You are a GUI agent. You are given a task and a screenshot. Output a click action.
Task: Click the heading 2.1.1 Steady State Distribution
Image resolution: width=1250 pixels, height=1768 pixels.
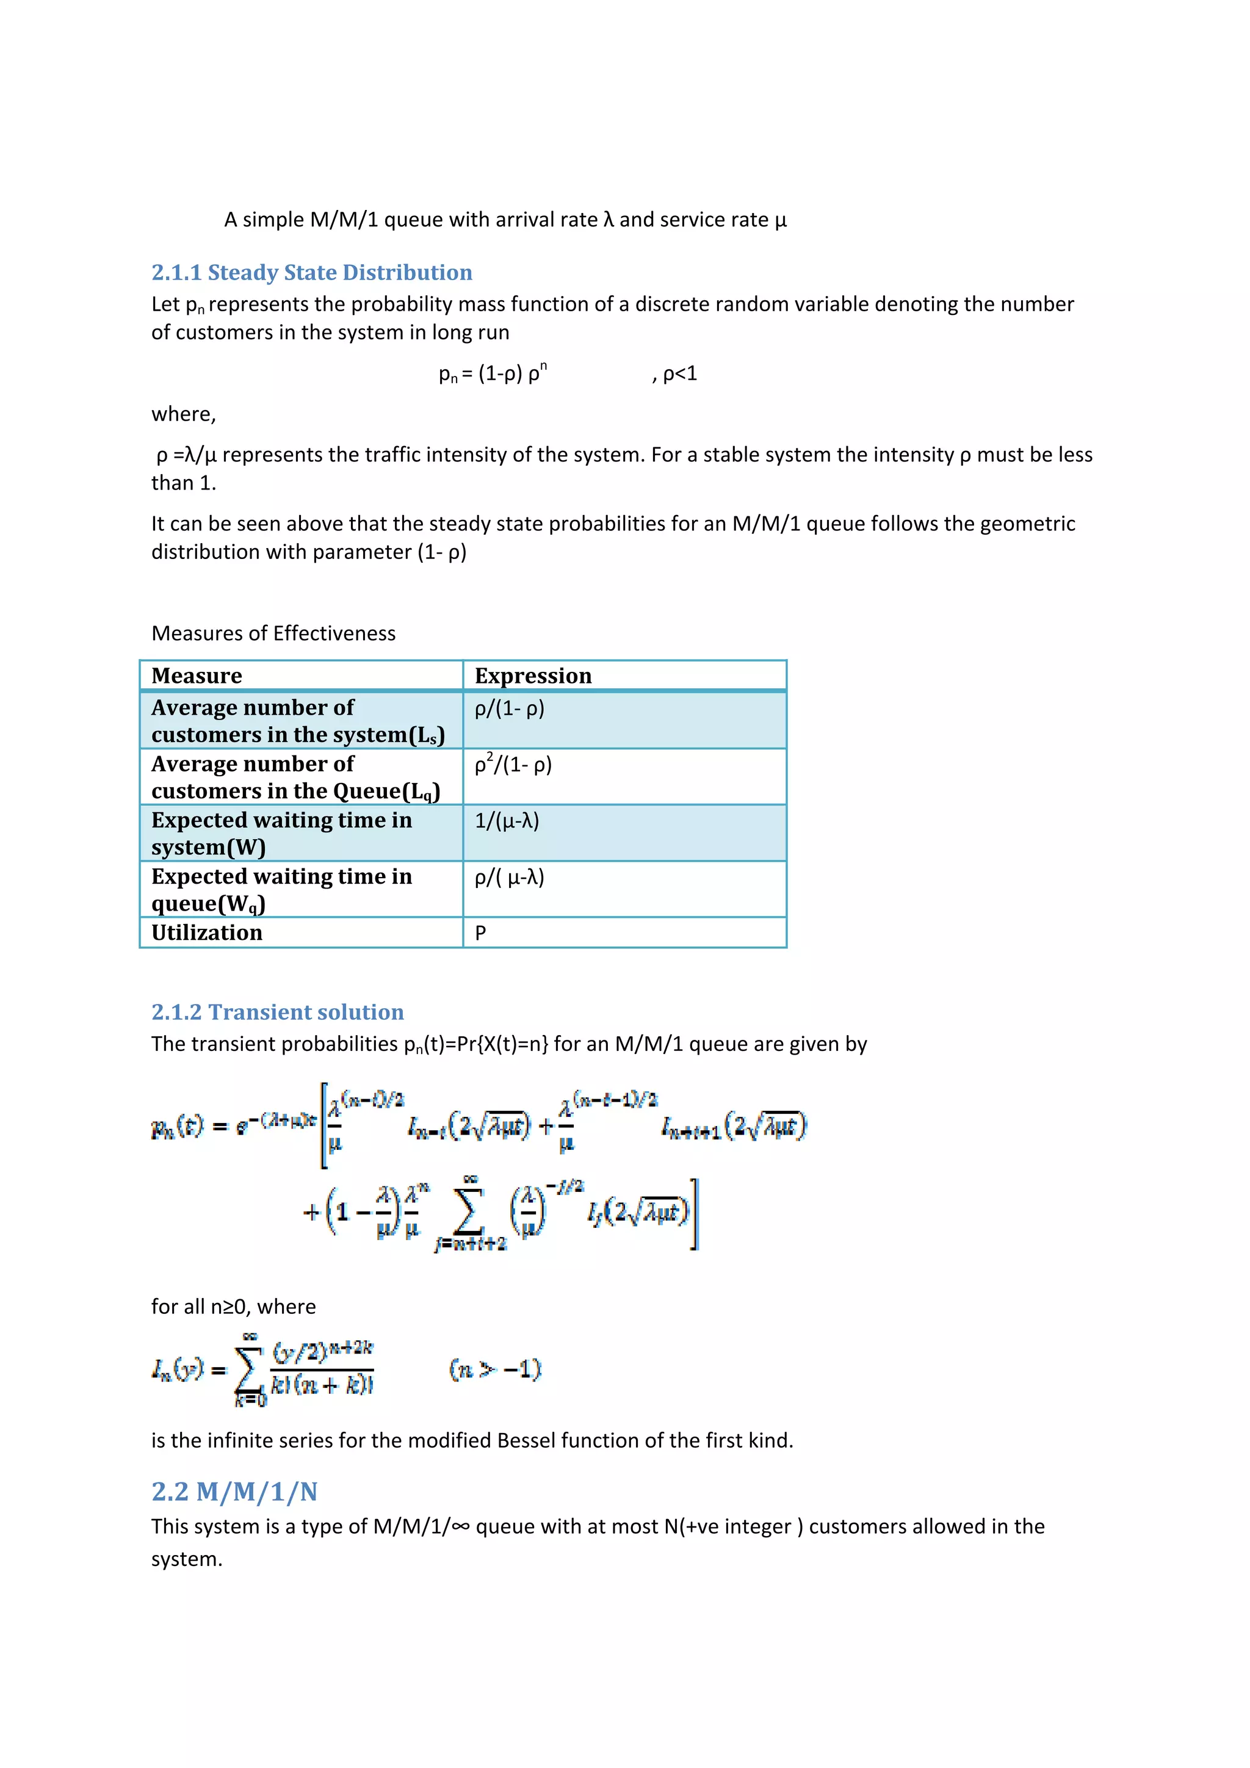[x=311, y=273]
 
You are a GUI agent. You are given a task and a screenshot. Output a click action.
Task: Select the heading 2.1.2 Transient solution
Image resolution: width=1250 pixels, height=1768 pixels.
[x=277, y=1012]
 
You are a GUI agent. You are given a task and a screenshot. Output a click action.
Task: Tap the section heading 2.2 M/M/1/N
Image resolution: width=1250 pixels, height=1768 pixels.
[x=234, y=1492]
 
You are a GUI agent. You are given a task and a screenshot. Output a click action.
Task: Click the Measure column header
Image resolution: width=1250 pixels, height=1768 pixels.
[x=197, y=676]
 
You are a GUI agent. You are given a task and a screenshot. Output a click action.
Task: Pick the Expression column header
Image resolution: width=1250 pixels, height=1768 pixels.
[x=533, y=676]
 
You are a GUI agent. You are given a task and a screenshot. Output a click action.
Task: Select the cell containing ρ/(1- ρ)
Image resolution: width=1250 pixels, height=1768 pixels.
[x=509, y=709]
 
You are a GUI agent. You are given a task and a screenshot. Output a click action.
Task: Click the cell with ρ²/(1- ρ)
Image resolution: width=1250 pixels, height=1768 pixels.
[x=513, y=765]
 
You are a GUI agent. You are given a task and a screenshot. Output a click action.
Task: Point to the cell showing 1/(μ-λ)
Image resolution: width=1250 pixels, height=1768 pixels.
[x=507, y=821]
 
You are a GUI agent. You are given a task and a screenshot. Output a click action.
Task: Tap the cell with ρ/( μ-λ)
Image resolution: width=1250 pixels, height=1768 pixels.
[x=509, y=877]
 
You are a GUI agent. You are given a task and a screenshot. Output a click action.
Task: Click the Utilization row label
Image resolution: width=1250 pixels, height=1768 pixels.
[x=206, y=933]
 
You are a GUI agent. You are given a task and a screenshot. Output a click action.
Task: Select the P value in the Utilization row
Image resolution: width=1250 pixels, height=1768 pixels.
[x=480, y=933]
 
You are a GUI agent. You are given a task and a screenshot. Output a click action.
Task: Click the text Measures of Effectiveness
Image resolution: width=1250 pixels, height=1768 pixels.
[x=273, y=633]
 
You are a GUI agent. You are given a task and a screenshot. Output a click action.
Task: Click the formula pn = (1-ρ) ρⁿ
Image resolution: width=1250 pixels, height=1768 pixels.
[x=493, y=373]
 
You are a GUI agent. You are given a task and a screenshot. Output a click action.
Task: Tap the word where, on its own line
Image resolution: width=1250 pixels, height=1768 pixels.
[x=183, y=414]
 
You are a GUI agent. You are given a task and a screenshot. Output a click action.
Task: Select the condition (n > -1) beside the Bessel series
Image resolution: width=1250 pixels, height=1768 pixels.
[x=495, y=1368]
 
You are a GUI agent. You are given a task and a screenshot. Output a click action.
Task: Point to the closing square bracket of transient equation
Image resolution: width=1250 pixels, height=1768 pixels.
[x=694, y=1214]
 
